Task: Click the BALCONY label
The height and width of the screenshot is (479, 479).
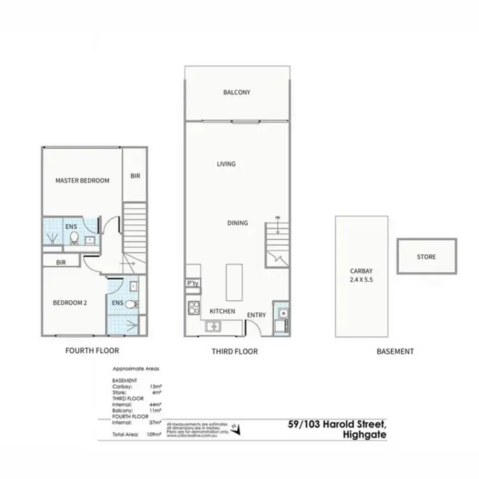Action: [236, 93]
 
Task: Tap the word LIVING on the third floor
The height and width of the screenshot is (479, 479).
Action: [226, 164]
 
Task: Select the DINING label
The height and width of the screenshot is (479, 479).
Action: [238, 223]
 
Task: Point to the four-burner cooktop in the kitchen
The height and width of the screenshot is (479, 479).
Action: [193, 308]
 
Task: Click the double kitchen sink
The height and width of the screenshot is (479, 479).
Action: [211, 327]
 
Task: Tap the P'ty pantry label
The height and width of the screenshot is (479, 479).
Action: [192, 284]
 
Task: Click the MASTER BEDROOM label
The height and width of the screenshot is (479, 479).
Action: [82, 181]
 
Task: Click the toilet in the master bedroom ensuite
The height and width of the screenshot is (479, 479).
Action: [74, 238]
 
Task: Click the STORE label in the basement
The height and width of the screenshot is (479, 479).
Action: [426, 257]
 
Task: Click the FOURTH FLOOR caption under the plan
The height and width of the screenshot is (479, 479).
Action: [93, 351]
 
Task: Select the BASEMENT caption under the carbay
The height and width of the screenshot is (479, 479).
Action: [395, 351]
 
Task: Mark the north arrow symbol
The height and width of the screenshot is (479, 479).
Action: [237, 429]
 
